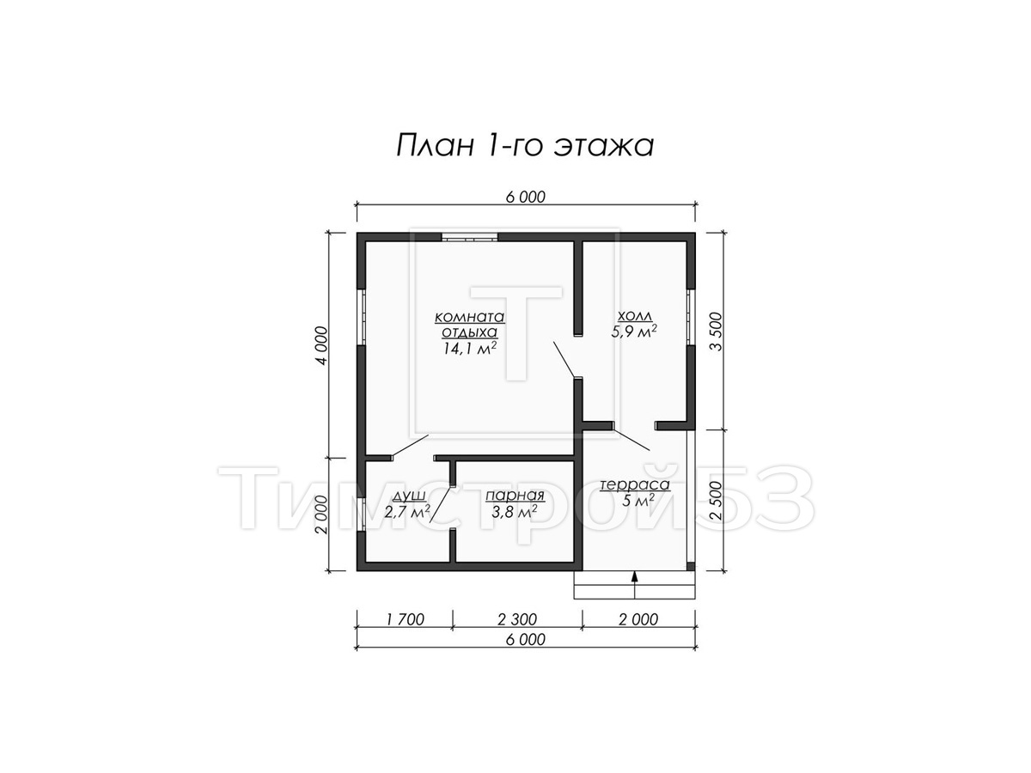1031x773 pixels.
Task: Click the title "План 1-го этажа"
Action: pyautogui.click(x=524, y=145)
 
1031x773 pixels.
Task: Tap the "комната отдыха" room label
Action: pyautogui.click(x=469, y=325)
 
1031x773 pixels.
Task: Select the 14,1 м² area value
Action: pyautogui.click(x=469, y=348)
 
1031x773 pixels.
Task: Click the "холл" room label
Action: pyautogui.click(x=633, y=316)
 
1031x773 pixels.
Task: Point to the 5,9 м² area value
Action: pyautogui.click(x=633, y=332)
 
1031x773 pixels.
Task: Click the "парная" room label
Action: pyautogui.click(x=515, y=496)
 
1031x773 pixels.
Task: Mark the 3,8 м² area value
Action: pyautogui.click(x=515, y=512)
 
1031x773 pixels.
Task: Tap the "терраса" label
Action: pyautogui.click(x=634, y=484)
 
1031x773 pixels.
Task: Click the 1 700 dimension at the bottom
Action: pyautogui.click(x=405, y=619)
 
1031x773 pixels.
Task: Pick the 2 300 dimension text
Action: pyautogui.click(x=516, y=619)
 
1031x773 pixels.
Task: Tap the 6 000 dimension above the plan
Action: pyautogui.click(x=526, y=198)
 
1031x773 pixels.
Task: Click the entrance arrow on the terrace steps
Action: pyautogui.click(x=634, y=585)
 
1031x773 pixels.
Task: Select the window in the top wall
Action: pyautogui.click(x=469, y=237)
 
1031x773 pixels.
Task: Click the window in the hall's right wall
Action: pyautogui.click(x=691, y=317)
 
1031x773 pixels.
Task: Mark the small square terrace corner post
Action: pyautogui.click(x=691, y=566)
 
